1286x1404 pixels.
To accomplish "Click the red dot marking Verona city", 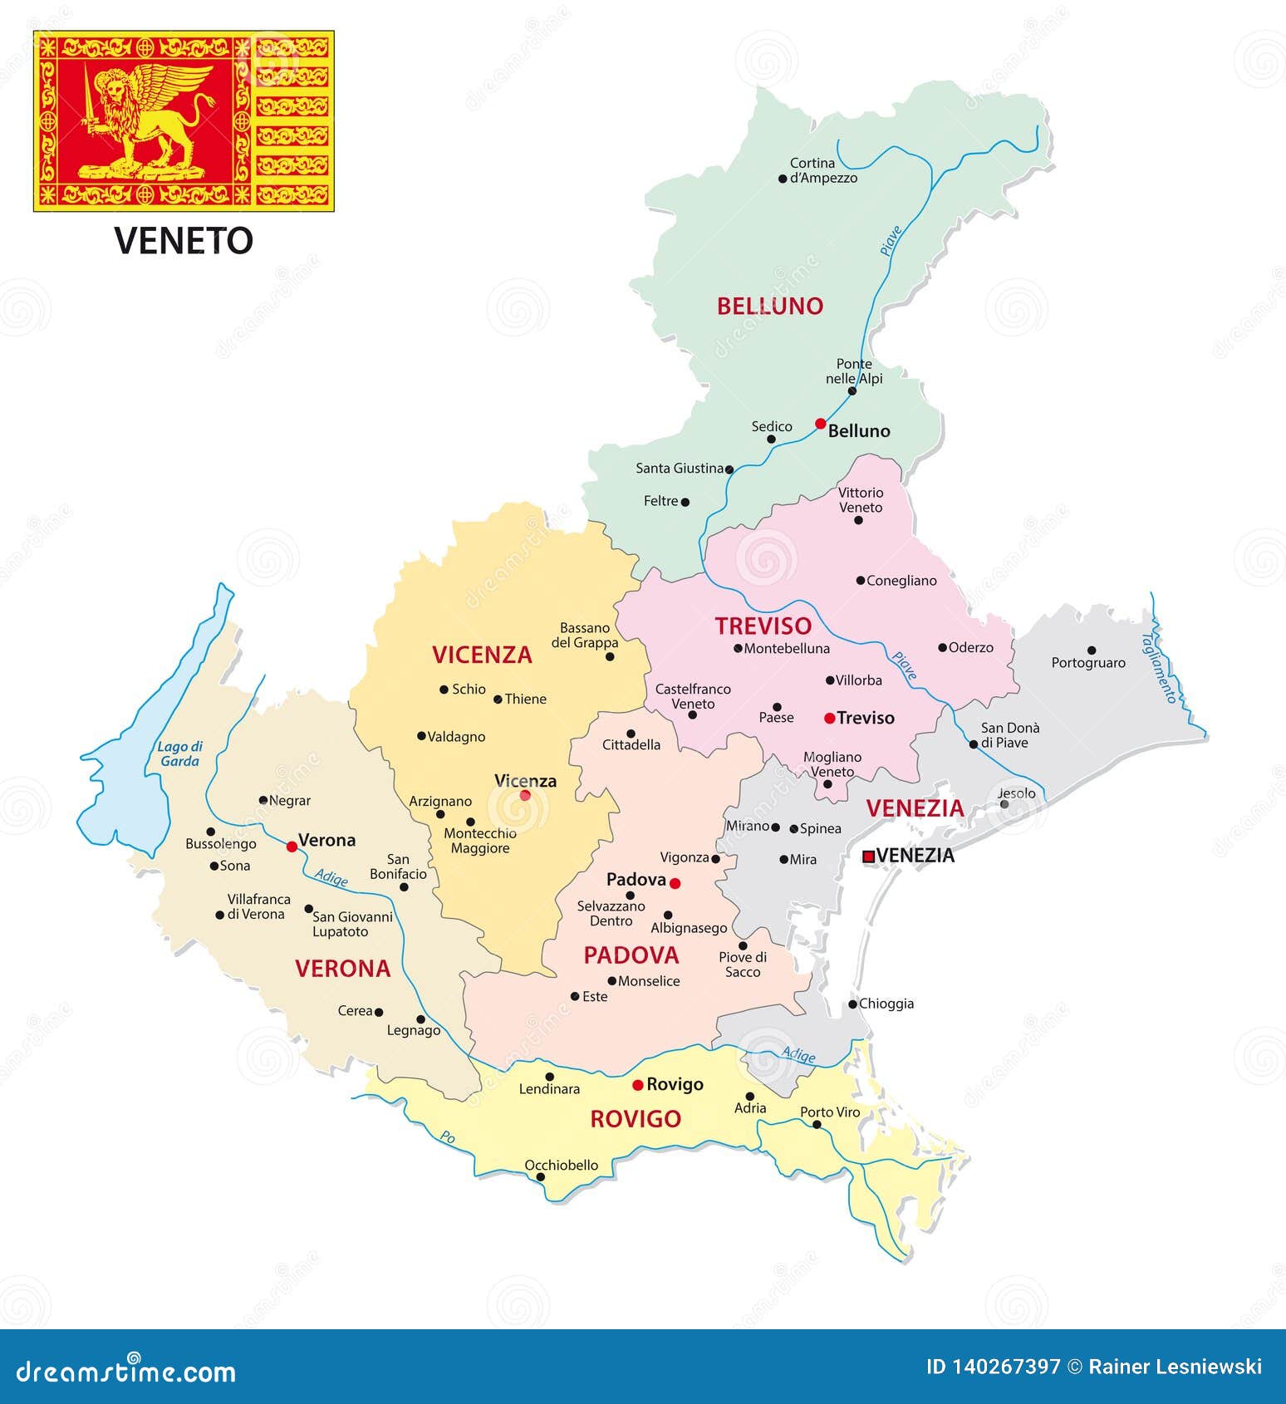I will [x=292, y=847].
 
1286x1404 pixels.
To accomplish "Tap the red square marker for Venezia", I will [x=868, y=857].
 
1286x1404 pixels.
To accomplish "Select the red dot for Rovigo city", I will [x=637, y=1085].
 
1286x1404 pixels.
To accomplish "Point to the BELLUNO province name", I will [x=769, y=306].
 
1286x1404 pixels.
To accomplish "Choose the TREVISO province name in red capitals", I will [x=763, y=626].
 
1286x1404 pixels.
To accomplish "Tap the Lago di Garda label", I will [x=180, y=754].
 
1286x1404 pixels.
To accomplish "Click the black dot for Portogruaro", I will [x=1092, y=650].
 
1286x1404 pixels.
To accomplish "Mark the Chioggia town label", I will [x=886, y=1004].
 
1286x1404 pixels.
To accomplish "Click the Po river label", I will [x=448, y=1137].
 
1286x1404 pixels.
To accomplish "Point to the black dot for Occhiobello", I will [x=540, y=1177].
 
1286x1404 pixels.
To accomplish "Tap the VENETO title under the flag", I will [x=184, y=241].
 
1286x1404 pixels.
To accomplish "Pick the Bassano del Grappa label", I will [x=585, y=636].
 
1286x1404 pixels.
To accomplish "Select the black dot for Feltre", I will [x=685, y=502].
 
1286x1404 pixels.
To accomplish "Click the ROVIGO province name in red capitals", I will [x=636, y=1119].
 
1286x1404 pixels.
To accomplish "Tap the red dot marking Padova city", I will [x=675, y=883].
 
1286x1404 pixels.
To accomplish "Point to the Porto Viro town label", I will [x=830, y=1112].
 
